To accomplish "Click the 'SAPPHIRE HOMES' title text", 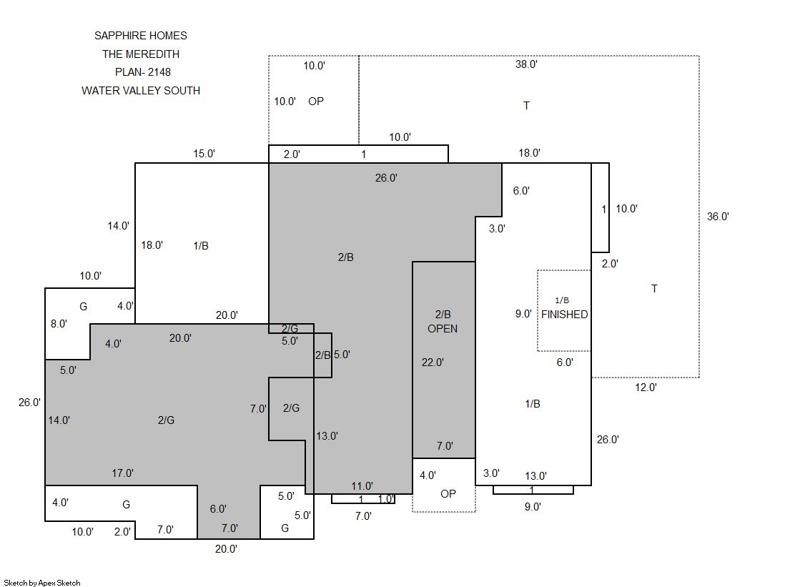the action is coord(140,36).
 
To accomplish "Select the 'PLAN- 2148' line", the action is coord(143,72).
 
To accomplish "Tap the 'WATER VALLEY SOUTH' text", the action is coord(141,90).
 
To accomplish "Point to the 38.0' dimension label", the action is coord(526,64).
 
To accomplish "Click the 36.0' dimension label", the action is coord(718,217).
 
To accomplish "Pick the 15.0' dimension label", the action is coord(204,154).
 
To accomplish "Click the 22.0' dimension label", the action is coord(433,362).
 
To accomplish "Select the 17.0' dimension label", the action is coord(122,473).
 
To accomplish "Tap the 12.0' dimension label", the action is coord(646,388).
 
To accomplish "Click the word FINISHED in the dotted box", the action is coord(564,315).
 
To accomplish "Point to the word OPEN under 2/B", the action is coord(443,329).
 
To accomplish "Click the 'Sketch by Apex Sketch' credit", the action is coord(42,583).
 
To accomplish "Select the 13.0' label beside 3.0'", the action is coord(535,476).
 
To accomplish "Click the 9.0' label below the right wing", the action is coord(533,507).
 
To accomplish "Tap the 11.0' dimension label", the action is coord(362,486).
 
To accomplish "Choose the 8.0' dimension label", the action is coord(59,324).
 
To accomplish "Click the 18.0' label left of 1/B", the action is coord(152,245).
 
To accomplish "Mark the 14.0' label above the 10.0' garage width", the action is coord(119,226).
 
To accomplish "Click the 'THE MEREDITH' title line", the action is coord(141,54).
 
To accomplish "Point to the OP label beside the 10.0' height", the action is coord(316,101).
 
